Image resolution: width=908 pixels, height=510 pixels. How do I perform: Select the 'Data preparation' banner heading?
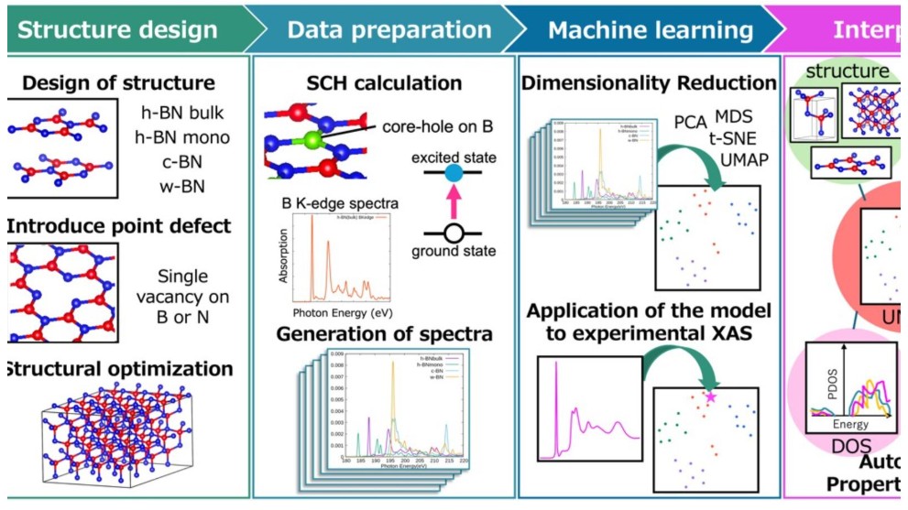[388, 29]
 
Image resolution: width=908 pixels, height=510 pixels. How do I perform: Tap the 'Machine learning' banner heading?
[651, 29]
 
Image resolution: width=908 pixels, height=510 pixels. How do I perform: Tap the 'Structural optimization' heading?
[118, 369]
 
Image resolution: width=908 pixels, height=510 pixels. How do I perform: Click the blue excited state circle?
[453, 173]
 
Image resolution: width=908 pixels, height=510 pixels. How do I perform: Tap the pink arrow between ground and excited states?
[453, 202]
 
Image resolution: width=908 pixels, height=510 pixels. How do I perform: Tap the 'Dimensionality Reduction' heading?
[649, 83]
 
